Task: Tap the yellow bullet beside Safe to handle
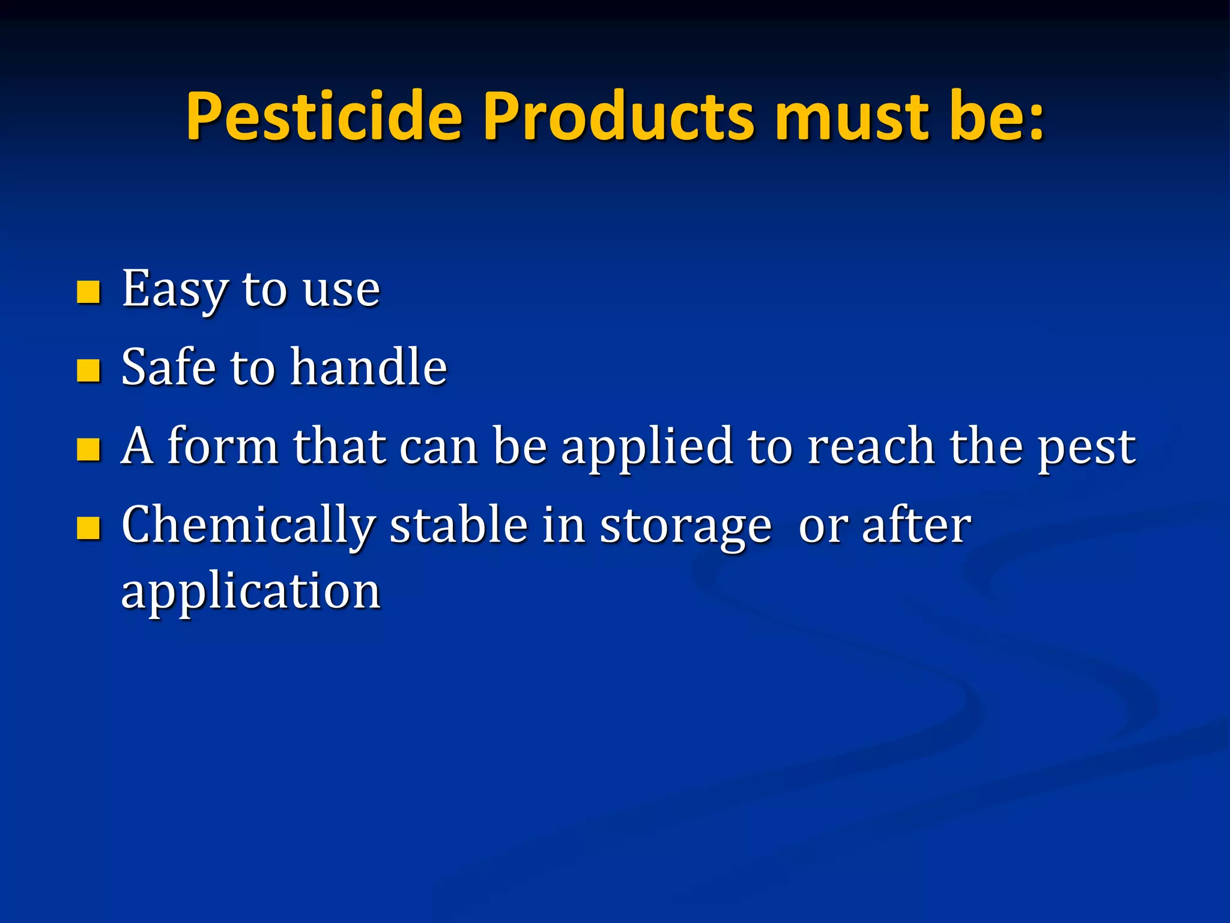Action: click(88, 370)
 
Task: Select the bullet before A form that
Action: click(88, 449)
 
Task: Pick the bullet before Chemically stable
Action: click(88, 528)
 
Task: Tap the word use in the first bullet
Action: click(341, 291)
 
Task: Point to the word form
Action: click(222, 446)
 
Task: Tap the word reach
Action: click(870, 446)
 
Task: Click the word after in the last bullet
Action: click(916, 525)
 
